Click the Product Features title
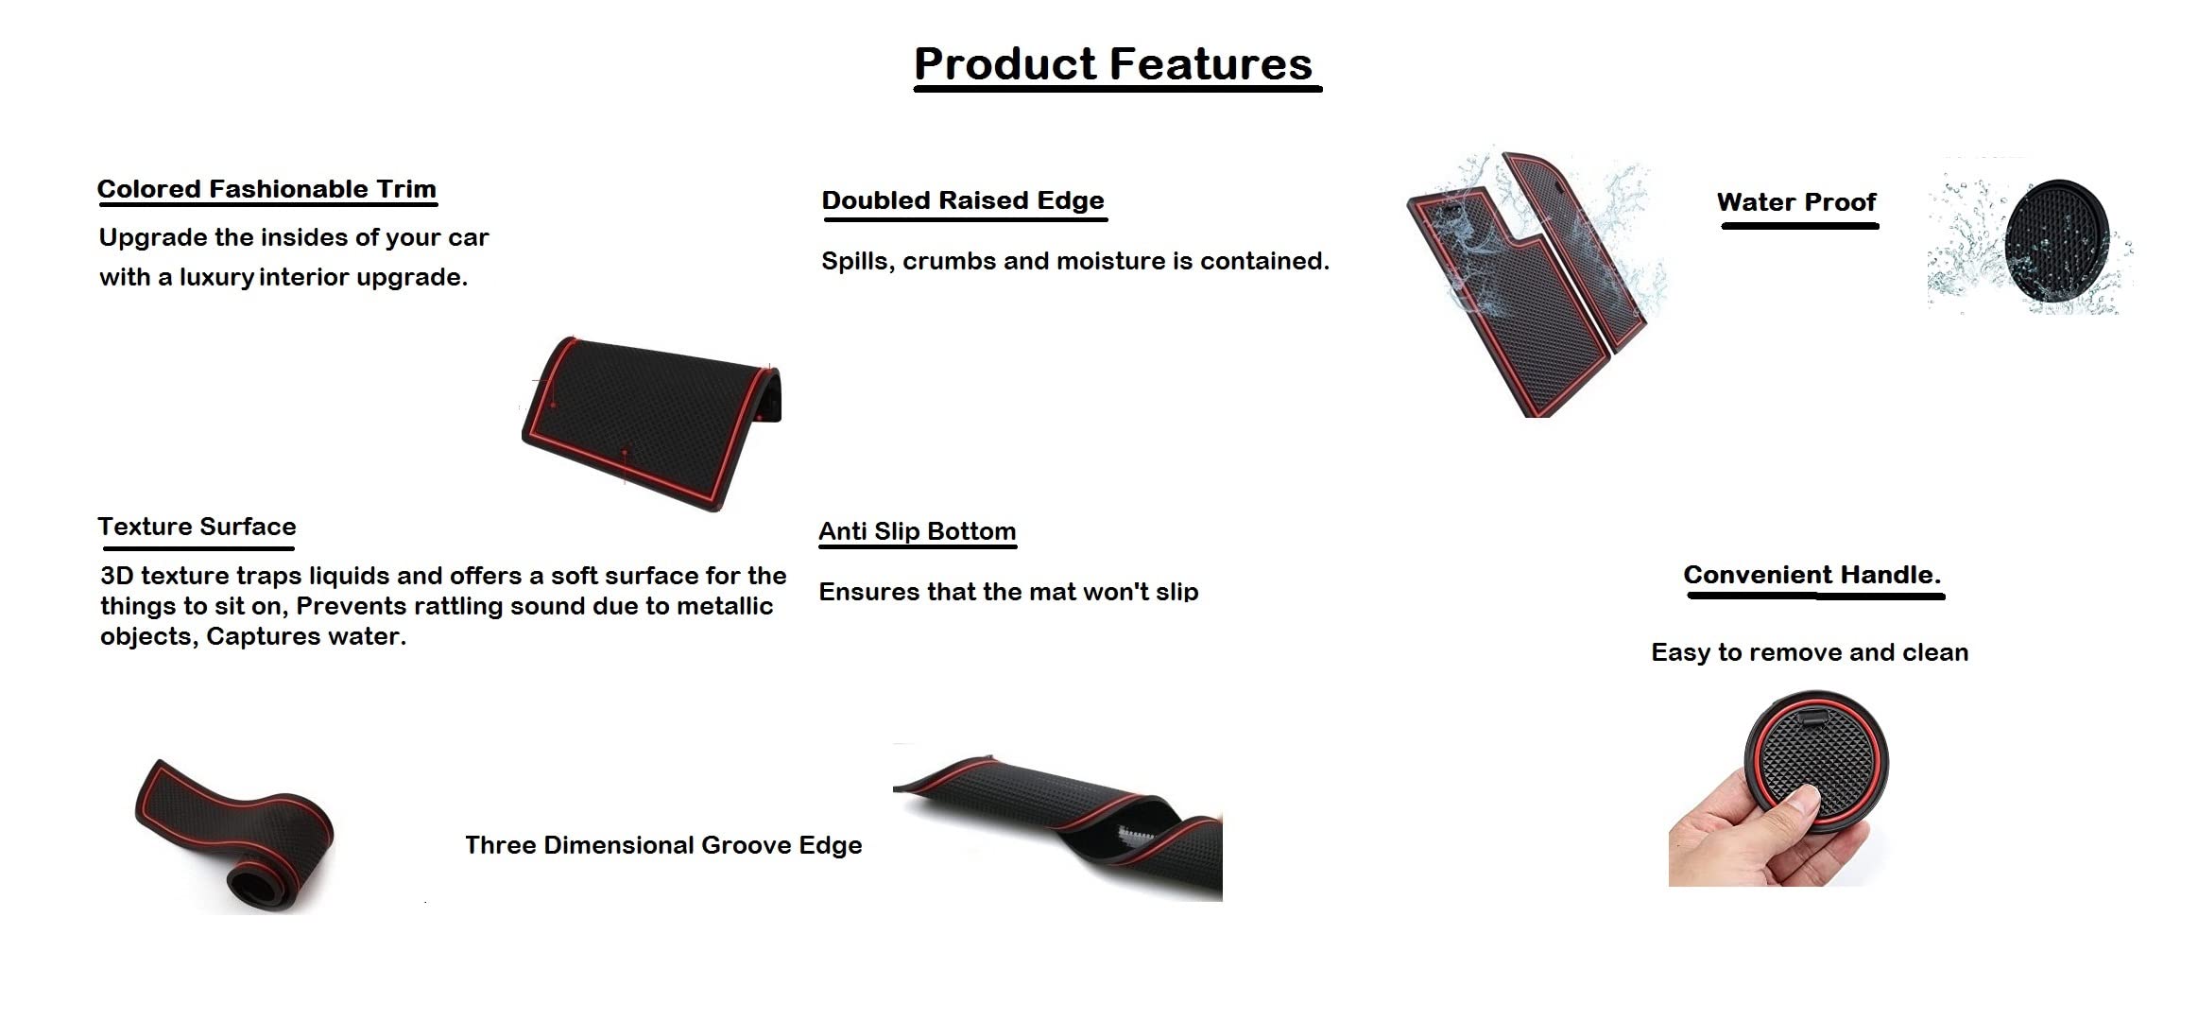coord(1113,64)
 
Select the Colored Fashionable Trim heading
coord(266,189)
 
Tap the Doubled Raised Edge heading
coord(963,200)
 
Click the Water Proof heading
coord(1796,202)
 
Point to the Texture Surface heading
coord(197,527)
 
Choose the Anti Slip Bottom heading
coord(918,531)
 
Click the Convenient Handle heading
coord(1812,575)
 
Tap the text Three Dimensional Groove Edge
coord(663,845)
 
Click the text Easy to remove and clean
coord(1810,652)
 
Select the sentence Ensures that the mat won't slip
coord(1008,592)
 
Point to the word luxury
coord(216,278)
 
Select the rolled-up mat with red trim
coord(234,837)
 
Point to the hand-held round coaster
coord(1815,761)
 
